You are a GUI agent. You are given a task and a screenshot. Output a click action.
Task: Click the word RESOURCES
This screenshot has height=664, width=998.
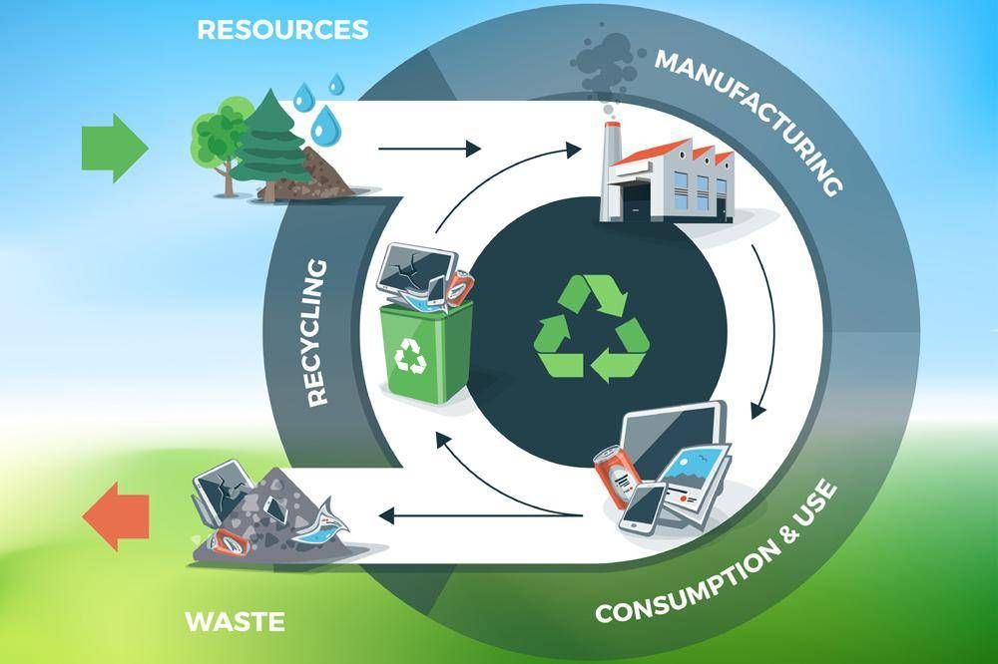pos(282,30)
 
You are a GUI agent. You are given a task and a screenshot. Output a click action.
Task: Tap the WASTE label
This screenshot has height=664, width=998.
pos(236,623)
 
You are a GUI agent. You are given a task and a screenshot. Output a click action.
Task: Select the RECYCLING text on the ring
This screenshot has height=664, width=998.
pos(317,332)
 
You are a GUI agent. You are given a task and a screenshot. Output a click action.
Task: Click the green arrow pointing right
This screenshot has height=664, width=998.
pos(113,149)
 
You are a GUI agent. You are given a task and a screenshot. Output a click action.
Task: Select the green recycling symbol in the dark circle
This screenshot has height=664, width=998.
pos(593,331)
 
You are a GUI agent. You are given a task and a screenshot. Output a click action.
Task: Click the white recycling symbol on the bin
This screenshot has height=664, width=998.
pos(410,353)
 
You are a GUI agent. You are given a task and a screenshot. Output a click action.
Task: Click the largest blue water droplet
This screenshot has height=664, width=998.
pos(324,126)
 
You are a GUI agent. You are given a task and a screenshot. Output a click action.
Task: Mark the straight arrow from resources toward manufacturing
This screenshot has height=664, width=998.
pos(429,151)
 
